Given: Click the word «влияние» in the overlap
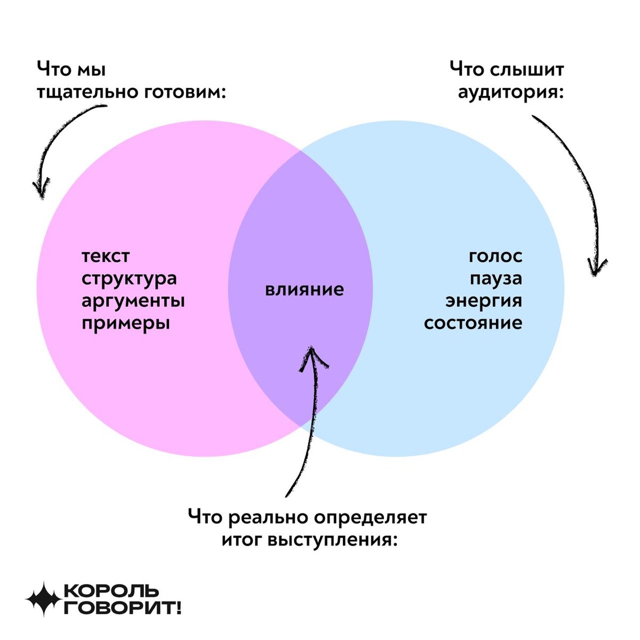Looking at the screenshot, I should tap(305, 290).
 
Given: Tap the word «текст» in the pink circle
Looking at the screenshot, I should tap(106, 256).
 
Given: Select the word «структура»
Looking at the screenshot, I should tap(129, 278).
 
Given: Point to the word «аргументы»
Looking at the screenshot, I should tap(133, 301).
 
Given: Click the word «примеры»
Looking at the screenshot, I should tap(126, 323).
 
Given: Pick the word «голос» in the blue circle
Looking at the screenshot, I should tap(495, 256).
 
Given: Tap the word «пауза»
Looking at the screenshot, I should tap(495, 278).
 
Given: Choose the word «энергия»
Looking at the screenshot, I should tap(484, 301).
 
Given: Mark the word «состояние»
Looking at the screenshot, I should tap(473, 323).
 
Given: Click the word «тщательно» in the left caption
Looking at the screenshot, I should tap(86, 92).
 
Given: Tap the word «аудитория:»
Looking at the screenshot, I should tap(511, 92).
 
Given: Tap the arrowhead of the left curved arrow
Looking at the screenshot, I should tap(39, 190).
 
